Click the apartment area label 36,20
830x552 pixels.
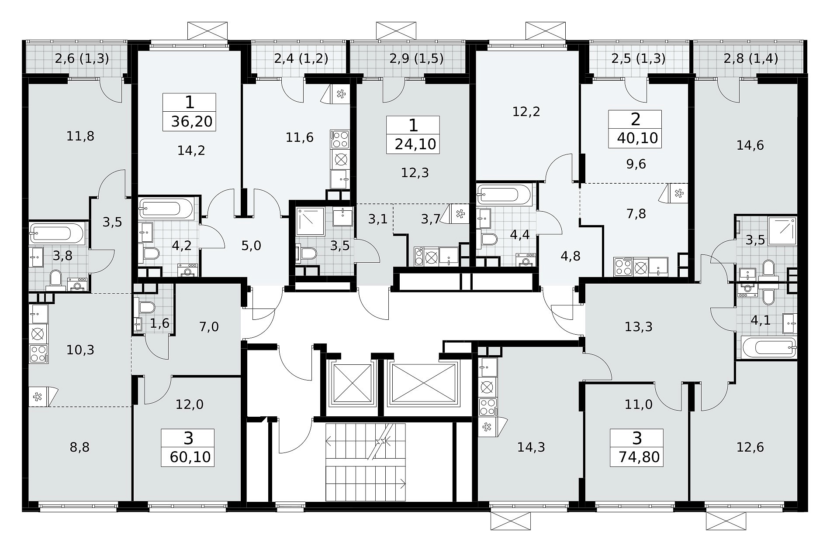pos(192,121)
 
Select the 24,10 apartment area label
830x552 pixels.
pos(415,144)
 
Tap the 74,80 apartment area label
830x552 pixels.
pos(639,457)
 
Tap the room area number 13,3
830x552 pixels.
pos(639,326)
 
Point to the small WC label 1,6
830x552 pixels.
pos(159,323)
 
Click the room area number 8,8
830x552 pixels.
pos(80,447)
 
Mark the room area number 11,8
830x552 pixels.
pos(80,137)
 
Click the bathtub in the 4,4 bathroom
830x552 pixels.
pos(505,194)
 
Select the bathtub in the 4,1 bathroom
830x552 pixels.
pos(768,347)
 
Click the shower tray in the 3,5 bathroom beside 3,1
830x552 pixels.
pos(310,222)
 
